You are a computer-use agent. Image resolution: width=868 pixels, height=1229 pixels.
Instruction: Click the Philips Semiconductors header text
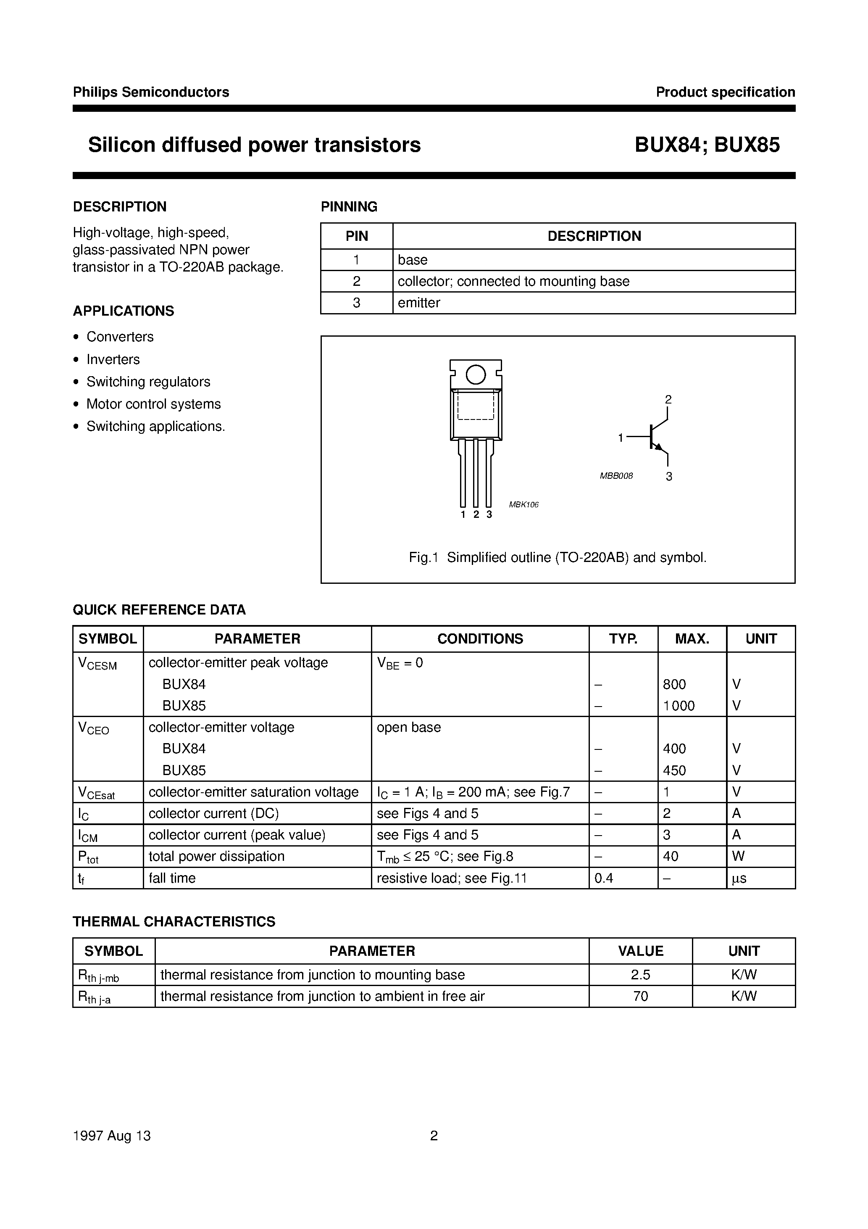click(151, 92)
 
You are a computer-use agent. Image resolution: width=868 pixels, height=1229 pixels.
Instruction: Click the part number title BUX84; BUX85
click(707, 145)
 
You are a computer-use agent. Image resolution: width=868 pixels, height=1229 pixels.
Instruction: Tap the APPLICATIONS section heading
click(123, 311)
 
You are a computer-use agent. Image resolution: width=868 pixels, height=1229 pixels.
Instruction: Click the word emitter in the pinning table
click(418, 303)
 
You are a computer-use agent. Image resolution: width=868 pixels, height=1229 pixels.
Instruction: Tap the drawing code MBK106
click(523, 505)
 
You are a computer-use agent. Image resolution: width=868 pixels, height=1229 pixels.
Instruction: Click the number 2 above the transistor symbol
click(668, 399)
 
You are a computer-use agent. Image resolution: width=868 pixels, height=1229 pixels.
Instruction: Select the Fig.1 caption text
click(558, 558)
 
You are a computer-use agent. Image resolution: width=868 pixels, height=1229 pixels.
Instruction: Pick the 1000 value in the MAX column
click(679, 706)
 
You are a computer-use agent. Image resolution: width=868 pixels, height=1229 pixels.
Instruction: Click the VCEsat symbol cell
click(97, 793)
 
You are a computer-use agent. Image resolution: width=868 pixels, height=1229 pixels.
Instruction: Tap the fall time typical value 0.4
click(604, 878)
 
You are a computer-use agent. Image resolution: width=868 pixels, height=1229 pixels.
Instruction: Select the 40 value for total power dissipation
click(671, 857)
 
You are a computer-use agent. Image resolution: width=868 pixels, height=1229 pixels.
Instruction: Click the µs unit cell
click(739, 878)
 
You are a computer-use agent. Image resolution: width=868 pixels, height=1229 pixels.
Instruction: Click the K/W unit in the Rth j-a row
click(743, 997)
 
